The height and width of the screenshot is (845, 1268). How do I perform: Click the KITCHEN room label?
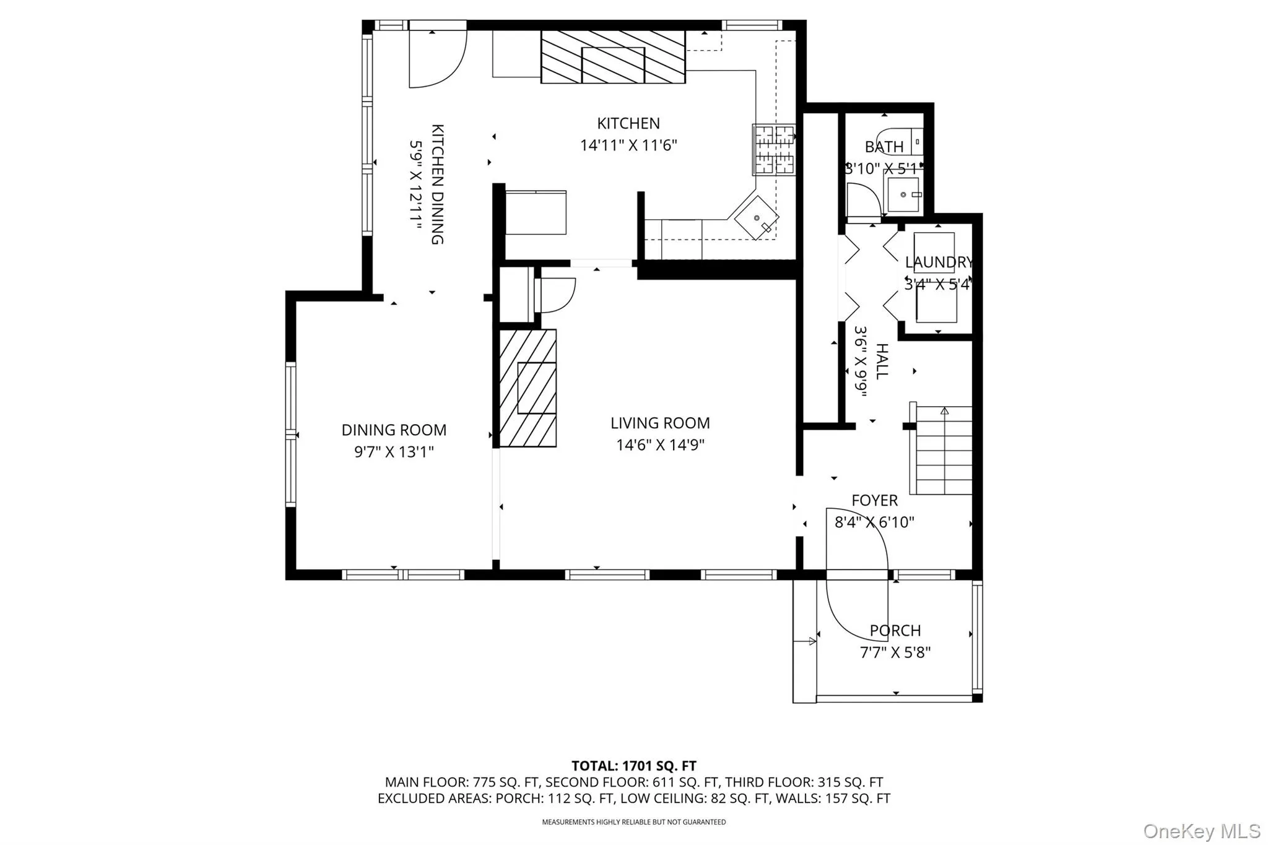pos(628,123)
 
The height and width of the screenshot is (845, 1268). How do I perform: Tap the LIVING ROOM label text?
pos(660,423)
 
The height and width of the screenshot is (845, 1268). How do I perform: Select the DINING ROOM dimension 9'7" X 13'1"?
pos(394,452)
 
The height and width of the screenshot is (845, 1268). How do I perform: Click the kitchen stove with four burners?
pos(773,149)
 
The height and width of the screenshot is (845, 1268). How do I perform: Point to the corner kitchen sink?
pos(757,218)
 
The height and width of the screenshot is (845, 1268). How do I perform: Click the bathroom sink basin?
pos(903,194)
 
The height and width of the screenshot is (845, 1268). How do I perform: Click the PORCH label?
pos(895,631)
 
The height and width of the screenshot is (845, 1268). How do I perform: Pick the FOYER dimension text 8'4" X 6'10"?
pos(874,522)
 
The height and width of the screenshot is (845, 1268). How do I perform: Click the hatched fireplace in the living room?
pos(528,388)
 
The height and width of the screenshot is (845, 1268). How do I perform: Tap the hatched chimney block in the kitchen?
pos(613,57)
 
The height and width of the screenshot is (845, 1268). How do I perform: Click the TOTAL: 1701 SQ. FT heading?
pos(634,766)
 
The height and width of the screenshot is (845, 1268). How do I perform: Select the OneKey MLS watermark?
pos(1201,830)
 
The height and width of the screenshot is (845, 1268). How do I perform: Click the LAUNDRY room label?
pos(939,262)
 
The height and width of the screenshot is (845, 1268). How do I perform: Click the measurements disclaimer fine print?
pos(634,822)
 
